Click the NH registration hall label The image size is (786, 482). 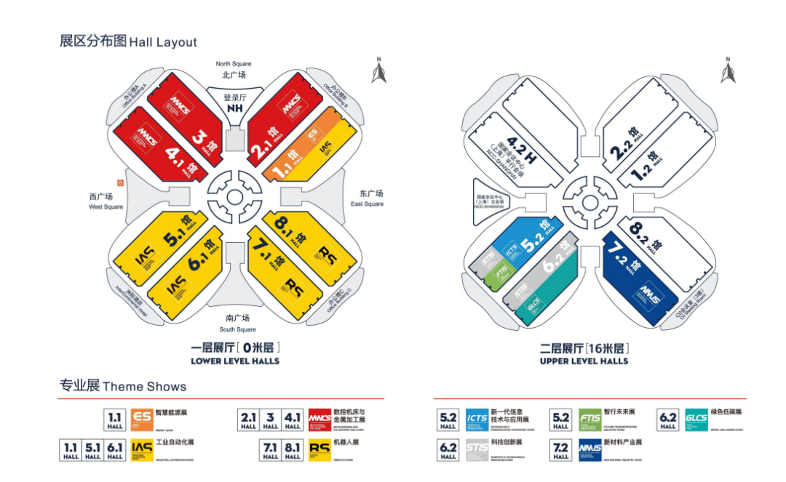[234, 108]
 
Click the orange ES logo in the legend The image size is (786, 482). [141, 419]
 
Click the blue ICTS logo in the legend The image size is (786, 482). [477, 419]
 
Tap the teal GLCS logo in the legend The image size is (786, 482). [696, 419]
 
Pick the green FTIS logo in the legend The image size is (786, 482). [589, 419]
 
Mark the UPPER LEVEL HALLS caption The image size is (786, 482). [584, 361]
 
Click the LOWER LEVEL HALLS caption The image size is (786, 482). [234, 361]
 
